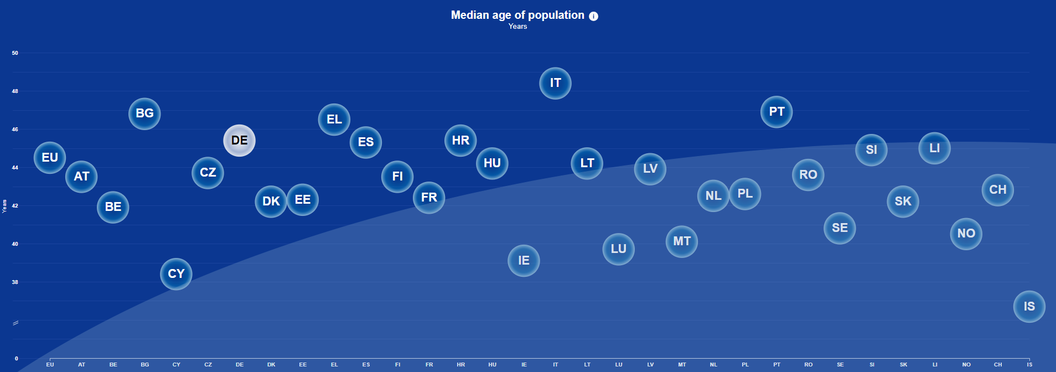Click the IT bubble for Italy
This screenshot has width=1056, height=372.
(x=555, y=83)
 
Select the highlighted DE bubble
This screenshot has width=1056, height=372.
(x=239, y=141)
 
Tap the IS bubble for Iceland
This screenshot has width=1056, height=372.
(x=1029, y=307)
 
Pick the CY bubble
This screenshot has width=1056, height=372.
(x=176, y=274)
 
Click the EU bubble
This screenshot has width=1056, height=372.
(x=50, y=158)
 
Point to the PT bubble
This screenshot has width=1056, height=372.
(x=777, y=112)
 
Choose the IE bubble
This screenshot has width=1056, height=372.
(x=524, y=261)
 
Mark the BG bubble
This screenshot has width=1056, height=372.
(x=144, y=113)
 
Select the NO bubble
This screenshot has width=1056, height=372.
(x=966, y=234)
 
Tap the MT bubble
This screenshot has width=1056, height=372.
(x=681, y=241)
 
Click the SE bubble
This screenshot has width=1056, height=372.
(x=840, y=228)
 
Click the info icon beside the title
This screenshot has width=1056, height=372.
(x=593, y=16)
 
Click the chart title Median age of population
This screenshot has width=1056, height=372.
(x=517, y=15)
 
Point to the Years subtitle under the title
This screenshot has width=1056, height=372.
(x=517, y=27)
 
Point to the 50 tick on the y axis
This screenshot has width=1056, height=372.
(x=15, y=53)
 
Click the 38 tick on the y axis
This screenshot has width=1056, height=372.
(x=15, y=282)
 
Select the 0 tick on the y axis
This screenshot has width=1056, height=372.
(x=16, y=359)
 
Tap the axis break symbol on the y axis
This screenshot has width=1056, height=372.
(x=15, y=323)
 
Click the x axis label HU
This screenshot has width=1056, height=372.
(x=492, y=365)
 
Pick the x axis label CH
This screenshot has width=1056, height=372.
(x=997, y=365)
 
